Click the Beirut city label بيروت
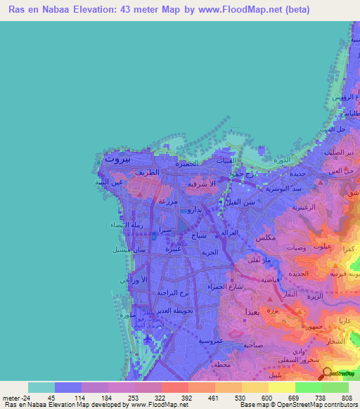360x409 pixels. [116, 159]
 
